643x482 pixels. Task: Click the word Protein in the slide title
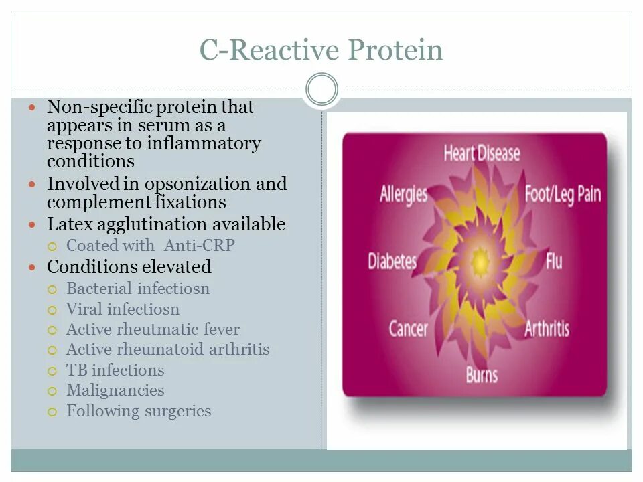[396, 50]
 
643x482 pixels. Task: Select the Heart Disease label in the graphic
[482, 153]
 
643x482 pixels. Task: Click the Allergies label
[403, 194]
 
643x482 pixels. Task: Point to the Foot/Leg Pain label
[563, 194]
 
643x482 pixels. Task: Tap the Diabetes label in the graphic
[392, 262]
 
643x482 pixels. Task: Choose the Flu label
[554, 262]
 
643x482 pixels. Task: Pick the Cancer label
[408, 329]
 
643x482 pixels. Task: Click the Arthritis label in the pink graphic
[547, 329]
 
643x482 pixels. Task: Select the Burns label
[482, 375]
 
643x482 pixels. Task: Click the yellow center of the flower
[480, 262]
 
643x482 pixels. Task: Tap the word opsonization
[197, 185]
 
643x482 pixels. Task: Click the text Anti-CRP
[200, 246]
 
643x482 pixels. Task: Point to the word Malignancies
[115, 390]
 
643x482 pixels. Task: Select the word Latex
[70, 224]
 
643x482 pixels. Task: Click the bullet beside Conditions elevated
[32, 268]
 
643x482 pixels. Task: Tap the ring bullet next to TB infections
[52, 372]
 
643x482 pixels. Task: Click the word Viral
[84, 309]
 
